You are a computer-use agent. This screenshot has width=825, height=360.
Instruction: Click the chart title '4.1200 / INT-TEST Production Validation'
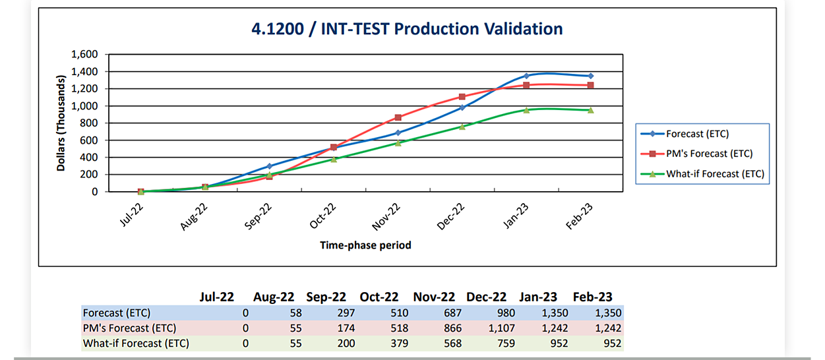pos(407,29)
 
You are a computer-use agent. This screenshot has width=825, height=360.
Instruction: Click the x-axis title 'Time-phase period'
pos(365,245)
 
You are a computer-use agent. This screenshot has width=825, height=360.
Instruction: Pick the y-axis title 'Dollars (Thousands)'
pos(61,123)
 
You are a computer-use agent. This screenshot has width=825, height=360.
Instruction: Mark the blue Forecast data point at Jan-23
pos(526,76)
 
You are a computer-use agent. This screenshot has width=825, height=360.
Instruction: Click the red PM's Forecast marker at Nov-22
pos(398,117)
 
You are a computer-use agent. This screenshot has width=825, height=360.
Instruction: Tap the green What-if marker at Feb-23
pos(590,110)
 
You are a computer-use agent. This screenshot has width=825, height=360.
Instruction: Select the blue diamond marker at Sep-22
pos(269,166)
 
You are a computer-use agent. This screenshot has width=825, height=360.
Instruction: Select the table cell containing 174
pos(345,328)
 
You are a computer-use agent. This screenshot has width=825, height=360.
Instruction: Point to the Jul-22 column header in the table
pos(218,297)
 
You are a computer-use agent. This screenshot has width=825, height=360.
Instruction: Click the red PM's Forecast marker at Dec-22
pos(462,97)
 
